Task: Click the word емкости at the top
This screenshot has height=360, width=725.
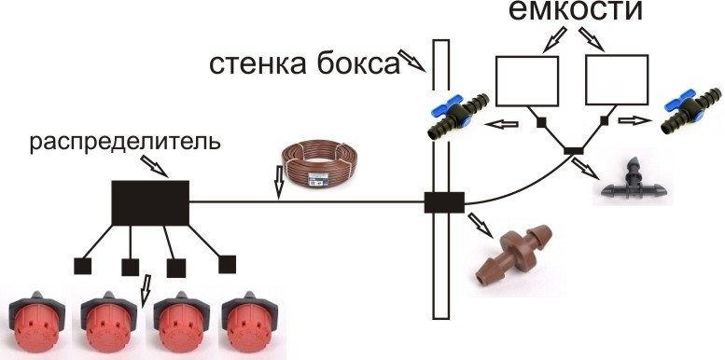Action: point(576,11)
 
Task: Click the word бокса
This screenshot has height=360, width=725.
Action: point(355,65)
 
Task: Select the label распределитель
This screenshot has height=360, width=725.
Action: point(125,144)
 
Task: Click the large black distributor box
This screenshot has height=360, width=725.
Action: point(151,203)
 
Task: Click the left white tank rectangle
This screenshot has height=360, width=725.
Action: point(527,80)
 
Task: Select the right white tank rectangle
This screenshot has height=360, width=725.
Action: point(617,80)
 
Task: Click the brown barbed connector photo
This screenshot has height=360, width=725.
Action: point(514,254)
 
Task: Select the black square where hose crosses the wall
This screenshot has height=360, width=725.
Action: point(444,202)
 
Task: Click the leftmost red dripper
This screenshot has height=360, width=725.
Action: point(37,322)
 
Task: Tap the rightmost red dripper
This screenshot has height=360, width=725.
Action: point(250,322)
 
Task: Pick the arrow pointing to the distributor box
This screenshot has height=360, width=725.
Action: point(155,165)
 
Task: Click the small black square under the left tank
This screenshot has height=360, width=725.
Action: point(541,122)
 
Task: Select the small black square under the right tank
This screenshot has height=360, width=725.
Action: point(604,120)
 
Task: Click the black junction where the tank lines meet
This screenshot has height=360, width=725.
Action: point(573,151)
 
